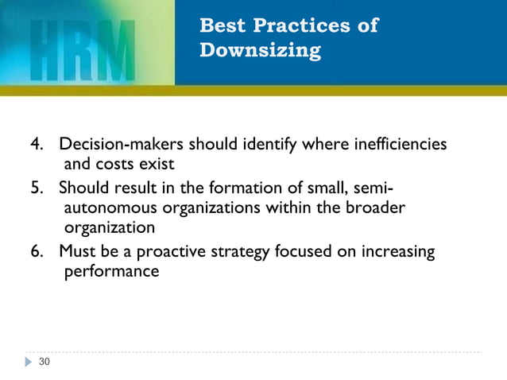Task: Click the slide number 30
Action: click(x=44, y=363)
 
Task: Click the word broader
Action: click(x=376, y=208)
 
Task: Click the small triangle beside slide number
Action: click(x=29, y=363)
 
